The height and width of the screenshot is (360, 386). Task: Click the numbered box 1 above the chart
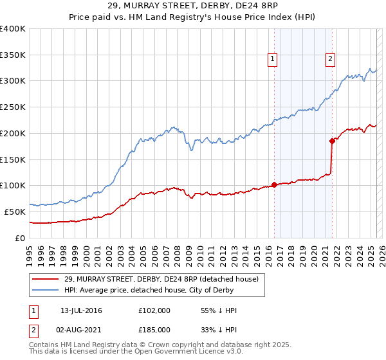tap(273, 59)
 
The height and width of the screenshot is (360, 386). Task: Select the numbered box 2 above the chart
tap(330, 59)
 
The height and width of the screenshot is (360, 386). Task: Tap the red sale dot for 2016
tap(274, 184)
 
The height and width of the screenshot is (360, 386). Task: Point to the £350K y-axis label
tap(13, 55)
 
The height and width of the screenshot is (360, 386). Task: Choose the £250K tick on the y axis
tap(13, 107)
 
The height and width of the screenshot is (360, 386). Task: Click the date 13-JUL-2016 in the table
tap(81, 310)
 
